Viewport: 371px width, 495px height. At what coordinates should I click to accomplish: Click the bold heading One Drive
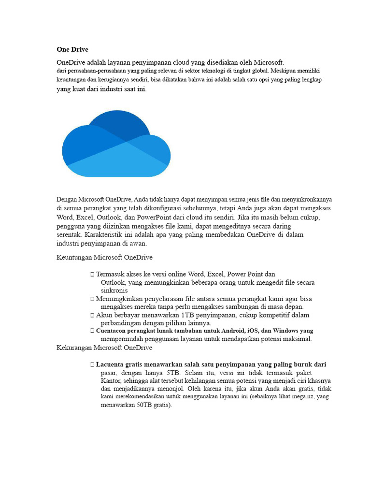pyautogui.click(x=72, y=49)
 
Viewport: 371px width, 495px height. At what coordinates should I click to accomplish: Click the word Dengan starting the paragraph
pyautogui.click(x=67, y=199)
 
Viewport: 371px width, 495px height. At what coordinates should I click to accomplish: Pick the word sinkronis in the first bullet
pyautogui.click(x=114, y=291)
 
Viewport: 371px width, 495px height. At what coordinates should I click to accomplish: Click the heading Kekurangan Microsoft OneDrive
pyautogui.click(x=104, y=348)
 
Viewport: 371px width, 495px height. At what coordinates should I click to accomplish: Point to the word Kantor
pyautogui.click(x=111, y=381)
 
